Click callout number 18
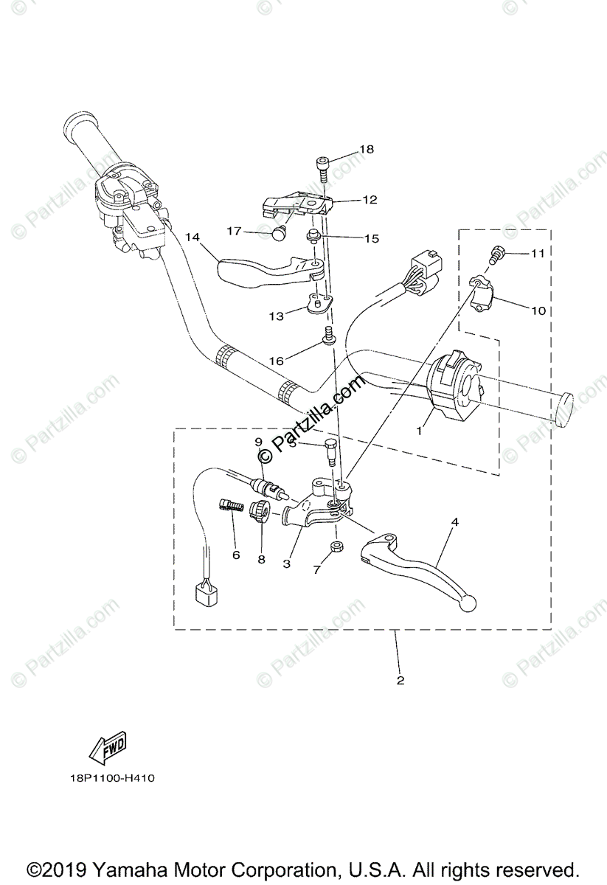point(367,149)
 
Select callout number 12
point(370,199)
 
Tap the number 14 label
point(192,237)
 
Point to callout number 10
point(538,310)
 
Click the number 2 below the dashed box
point(400,680)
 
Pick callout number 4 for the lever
point(455,521)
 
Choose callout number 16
point(276,361)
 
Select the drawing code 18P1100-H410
point(108,778)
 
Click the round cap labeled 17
point(280,235)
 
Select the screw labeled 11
point(496,254)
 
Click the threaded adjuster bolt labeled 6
point(232,507)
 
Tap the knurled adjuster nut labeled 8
point(259,512)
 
